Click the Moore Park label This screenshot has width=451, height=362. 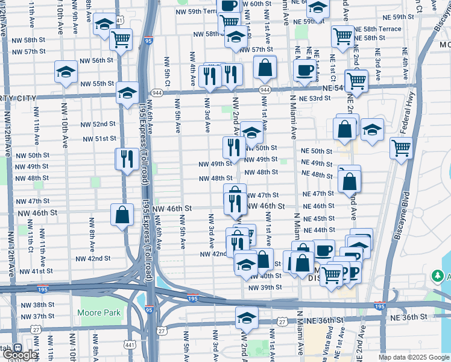tap(99, 313)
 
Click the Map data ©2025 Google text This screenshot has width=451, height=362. tap(414, 357)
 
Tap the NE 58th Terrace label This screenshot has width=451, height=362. tap(377, 29)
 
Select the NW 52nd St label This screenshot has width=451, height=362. tap(98, 124)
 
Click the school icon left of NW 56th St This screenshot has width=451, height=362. tap(66, 72)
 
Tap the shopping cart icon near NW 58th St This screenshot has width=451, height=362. tap(121, 39)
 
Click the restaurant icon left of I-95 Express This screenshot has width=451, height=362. tap(127, 159)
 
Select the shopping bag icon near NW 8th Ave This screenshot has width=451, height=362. tap(122, 215)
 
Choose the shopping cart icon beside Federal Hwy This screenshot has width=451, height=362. tap(400, 147)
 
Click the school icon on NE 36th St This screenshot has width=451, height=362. tap(247, 317)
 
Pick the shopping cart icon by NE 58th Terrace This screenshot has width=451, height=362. tap(342, 36)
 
